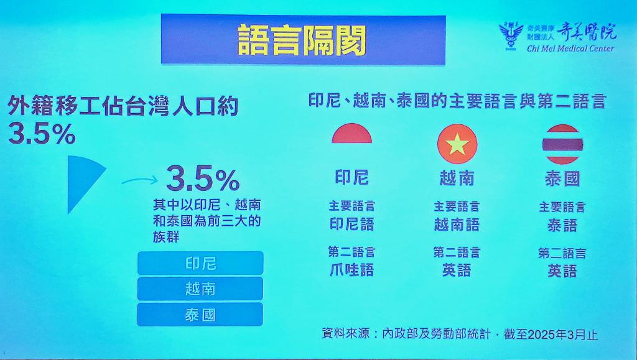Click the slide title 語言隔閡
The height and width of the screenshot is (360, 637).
click(x=302, y=40)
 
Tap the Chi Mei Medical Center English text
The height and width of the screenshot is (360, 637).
click(x=571, y=48)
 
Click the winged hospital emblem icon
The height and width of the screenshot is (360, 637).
click(x=511, y=35)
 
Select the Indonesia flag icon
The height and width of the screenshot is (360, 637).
click(x=352, y=133)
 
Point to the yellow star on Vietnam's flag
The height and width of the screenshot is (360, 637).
click(x=457, y=144)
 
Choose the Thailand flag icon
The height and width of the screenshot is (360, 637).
click(x=562, y=144)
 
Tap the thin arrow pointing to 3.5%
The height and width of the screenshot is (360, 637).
click(x=139, y=180)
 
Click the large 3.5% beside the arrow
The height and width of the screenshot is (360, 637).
click(x=203, y=179)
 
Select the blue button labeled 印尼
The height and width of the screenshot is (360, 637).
click(x=200, y=263)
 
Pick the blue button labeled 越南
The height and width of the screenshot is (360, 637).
click(x=200, y=288)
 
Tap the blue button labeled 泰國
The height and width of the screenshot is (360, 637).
click(x=200, y=315)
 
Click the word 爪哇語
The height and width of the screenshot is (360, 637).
click(x=352, y=270)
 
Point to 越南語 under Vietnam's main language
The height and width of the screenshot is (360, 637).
click(x=457, y=224)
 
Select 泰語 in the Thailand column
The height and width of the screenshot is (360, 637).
click(x=562, y=225)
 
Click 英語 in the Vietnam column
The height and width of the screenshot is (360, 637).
click(x=457, y=270)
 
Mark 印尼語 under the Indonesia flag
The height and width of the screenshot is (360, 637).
click(x=352, y=224)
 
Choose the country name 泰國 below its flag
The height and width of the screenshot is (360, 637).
click(x=562, y=179)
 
